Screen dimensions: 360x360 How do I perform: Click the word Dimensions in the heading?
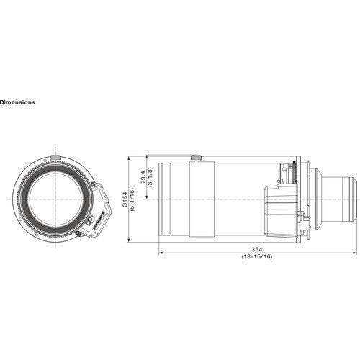pyautogui.click(x=17, y=102)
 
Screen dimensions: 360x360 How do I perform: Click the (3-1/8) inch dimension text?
pyautogui.click(x=149, y=176)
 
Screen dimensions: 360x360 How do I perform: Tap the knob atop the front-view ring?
pyautogui.click(x=55, y=156)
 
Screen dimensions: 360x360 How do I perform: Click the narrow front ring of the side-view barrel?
pyautogui.click(x=163, y=198)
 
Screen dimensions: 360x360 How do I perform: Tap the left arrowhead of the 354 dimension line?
pyautogui.click(x=160, y=251)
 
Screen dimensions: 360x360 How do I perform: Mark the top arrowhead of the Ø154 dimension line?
pyautogui.click(x=129, y=156)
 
